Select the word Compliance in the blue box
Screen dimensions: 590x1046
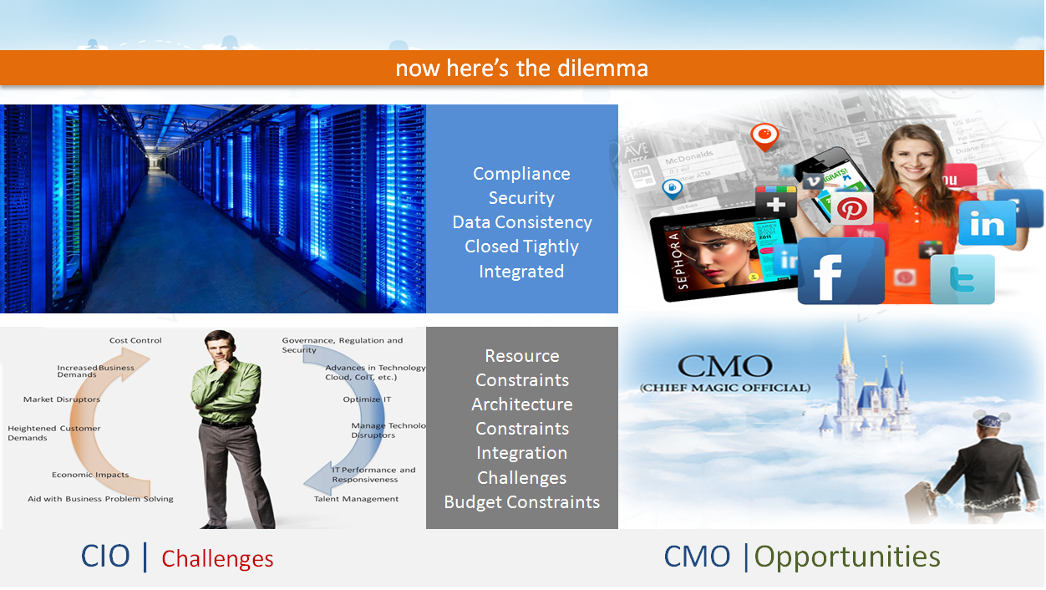pyautogui.click(x=521, y=174)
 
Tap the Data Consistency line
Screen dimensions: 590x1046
pyautogui.click(x=521, y=222)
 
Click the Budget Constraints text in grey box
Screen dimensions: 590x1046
pyautogui.click(x=521, y=502)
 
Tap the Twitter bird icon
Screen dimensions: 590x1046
pyautogui.click(x=962, y=279)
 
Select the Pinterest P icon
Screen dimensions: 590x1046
pyautogui.click(x=851, y=208)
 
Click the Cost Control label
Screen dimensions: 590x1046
pyautogui.click(x=135, y=341)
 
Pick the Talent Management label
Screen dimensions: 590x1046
pyautogui.click(x=356, y=500)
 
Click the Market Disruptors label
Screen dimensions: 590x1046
pyautogui.click(x=62, y=400)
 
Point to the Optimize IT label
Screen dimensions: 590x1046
pyautogui.click(x=367, y=400)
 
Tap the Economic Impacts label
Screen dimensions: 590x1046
pyautogui.click(x=90, y=476)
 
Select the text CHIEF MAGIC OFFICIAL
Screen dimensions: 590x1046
pyautogui.click(x=724, y=388)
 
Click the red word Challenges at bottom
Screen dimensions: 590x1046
pyautogui.click(x=217, y=559)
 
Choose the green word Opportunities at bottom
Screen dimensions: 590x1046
pyautogui.click(x=847, y=557)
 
